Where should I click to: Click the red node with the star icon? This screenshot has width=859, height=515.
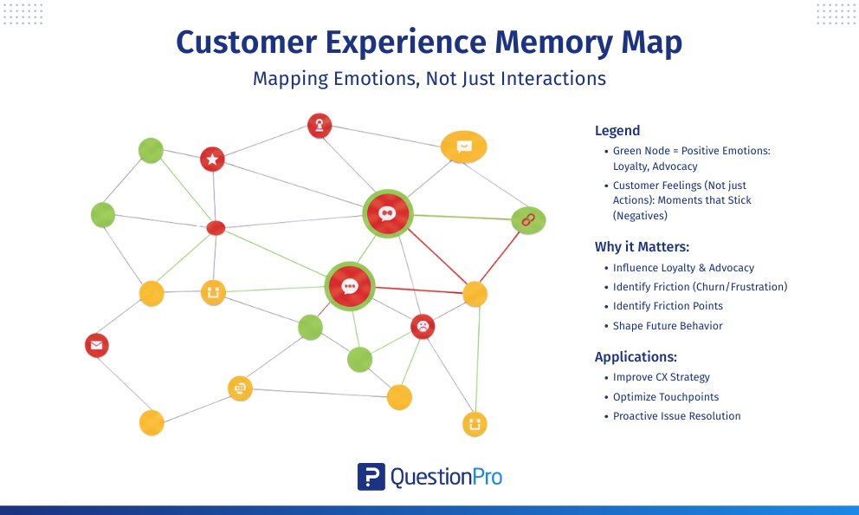212,159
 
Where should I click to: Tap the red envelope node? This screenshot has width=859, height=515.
96,345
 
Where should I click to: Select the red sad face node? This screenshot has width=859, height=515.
422,326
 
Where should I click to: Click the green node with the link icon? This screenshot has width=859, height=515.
527,220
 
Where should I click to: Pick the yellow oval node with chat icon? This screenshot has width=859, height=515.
463,147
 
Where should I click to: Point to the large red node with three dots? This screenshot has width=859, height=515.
349,286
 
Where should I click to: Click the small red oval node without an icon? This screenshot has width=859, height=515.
216,228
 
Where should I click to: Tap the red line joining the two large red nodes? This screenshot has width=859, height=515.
368,250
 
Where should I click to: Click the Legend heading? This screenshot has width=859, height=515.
617,131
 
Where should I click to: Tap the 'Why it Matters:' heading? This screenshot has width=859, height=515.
641,246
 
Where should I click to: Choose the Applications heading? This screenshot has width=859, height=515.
636,356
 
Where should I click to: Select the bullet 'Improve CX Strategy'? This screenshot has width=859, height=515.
661,377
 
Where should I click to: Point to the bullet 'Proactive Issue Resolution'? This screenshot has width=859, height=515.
676,416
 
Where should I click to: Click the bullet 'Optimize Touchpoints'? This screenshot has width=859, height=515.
665,397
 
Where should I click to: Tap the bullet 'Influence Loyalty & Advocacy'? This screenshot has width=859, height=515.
683,268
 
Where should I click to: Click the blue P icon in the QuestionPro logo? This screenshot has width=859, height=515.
371,476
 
